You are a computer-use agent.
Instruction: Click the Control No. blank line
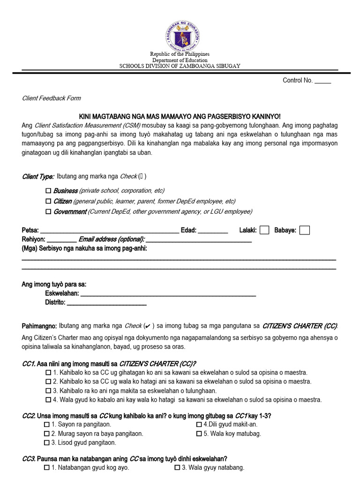(322, 82)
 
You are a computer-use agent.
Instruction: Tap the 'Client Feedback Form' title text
(52, 98)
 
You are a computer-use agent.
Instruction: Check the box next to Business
(48, 191)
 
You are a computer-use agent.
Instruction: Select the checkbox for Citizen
(48, 201)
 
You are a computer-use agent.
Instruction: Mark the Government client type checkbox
(48, 212)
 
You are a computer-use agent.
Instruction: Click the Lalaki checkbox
(264, 230)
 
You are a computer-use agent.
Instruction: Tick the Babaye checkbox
(305, 230)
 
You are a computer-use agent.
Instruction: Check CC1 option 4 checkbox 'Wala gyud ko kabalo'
(48, 400)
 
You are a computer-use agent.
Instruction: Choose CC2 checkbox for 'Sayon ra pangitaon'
(46, 424)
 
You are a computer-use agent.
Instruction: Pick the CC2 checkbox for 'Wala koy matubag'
(199, 434)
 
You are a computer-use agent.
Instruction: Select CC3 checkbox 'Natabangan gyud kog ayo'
(46, 468)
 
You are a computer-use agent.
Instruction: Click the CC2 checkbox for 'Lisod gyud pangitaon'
(46, 442)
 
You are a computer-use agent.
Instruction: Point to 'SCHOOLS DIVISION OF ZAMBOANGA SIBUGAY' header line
(180, 66)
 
